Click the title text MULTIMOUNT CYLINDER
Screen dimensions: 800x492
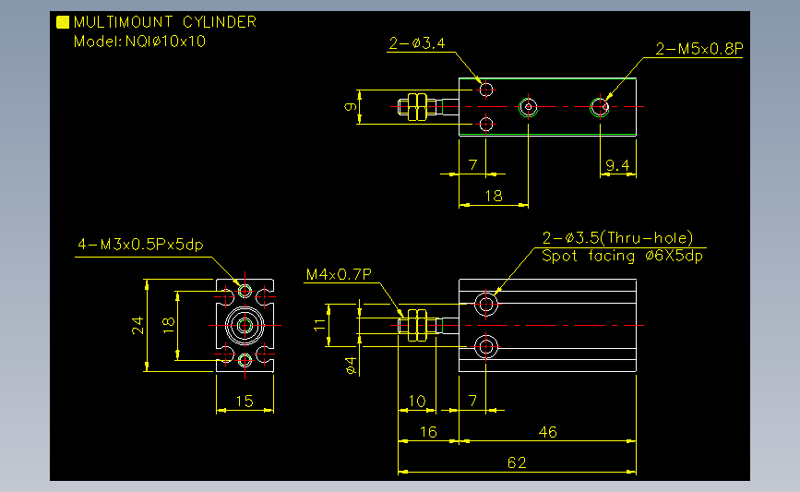165,22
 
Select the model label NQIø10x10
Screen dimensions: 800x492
165,42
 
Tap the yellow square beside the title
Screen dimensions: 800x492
63,22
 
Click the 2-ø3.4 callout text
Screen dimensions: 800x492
417,43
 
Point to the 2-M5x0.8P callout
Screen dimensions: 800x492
699,49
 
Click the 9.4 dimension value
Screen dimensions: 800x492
617,165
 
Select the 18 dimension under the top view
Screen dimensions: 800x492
494,196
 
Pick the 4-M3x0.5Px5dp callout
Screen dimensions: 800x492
140,245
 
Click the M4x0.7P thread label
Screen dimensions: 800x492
339,274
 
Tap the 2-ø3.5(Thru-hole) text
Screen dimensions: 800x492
617,238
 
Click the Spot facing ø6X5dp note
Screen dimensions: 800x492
622,256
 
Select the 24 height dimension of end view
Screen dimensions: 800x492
137,325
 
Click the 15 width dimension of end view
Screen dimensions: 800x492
245,402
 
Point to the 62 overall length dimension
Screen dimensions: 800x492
517,462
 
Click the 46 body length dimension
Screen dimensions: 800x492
547,432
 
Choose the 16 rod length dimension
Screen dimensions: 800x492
428,432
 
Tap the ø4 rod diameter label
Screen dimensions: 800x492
351,366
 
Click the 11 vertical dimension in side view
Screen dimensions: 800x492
320,325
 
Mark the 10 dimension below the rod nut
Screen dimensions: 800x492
417,402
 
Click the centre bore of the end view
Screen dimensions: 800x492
245,325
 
